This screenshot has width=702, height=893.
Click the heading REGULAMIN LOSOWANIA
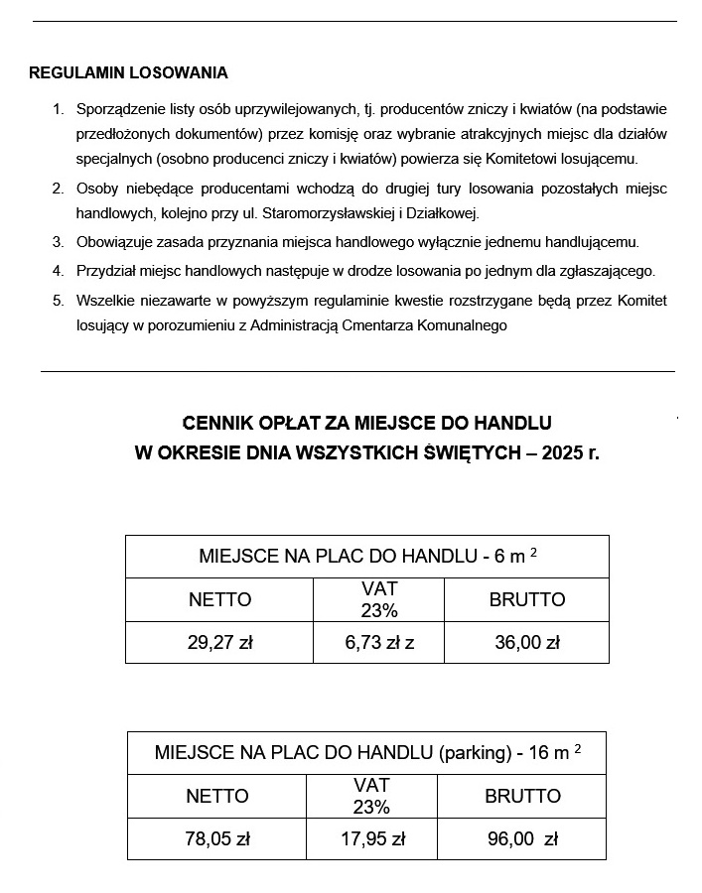(128, 72)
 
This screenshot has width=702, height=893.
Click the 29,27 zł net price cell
(219, 642)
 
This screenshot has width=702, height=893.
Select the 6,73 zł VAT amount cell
(378, 642)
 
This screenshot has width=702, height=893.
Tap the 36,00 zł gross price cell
(526, 642)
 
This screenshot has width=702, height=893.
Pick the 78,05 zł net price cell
(216, 838)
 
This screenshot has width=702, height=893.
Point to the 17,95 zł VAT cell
(372, 838)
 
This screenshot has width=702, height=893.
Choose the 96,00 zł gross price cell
(522, 838)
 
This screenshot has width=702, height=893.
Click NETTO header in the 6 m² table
(219, 599)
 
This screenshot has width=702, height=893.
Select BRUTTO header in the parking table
(522, 796)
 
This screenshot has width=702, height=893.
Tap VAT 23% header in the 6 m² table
(378, 599)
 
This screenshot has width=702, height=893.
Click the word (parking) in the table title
(474, 752)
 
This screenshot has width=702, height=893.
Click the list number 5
(58, 300)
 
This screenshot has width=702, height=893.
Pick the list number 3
(58, 241)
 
